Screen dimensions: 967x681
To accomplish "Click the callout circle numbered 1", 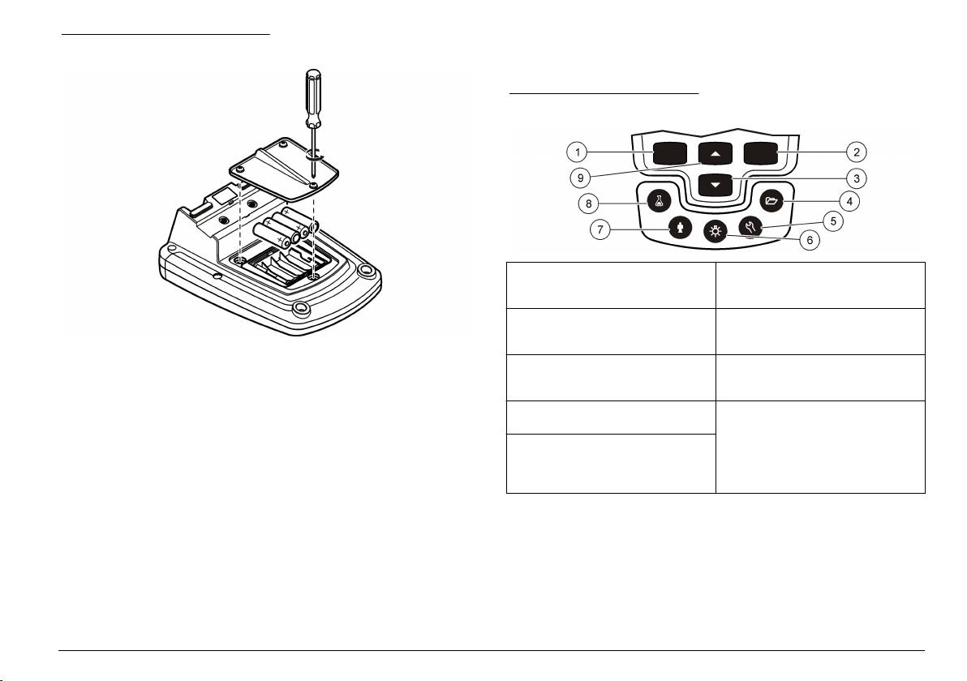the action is pos(578,152).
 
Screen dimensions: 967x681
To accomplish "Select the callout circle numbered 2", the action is pos(856,152).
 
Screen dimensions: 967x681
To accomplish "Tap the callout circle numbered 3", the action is pos(856,178).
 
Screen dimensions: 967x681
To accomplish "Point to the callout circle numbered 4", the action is pos(849,201).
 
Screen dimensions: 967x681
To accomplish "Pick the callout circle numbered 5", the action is pos(832,221).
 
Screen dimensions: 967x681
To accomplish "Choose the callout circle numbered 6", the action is pos(810,240).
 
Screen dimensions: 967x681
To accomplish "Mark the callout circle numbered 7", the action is pos(600,230).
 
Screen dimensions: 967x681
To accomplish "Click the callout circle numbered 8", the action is pos(588,203).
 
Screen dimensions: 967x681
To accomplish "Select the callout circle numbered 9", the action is pos(580,178).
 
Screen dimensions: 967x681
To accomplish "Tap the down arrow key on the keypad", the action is pos(716,184).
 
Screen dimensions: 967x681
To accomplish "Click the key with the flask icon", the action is pos(659,201).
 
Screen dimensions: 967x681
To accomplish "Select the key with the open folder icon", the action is pos(771,201).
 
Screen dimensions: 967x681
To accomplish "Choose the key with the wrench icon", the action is pos(750,225).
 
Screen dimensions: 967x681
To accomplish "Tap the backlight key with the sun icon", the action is pos(716,232).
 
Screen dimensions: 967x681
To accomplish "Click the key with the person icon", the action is pos(680,228).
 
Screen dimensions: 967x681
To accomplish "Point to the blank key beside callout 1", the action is pos(670,153).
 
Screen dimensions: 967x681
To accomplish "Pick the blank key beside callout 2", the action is pos(760,153).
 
